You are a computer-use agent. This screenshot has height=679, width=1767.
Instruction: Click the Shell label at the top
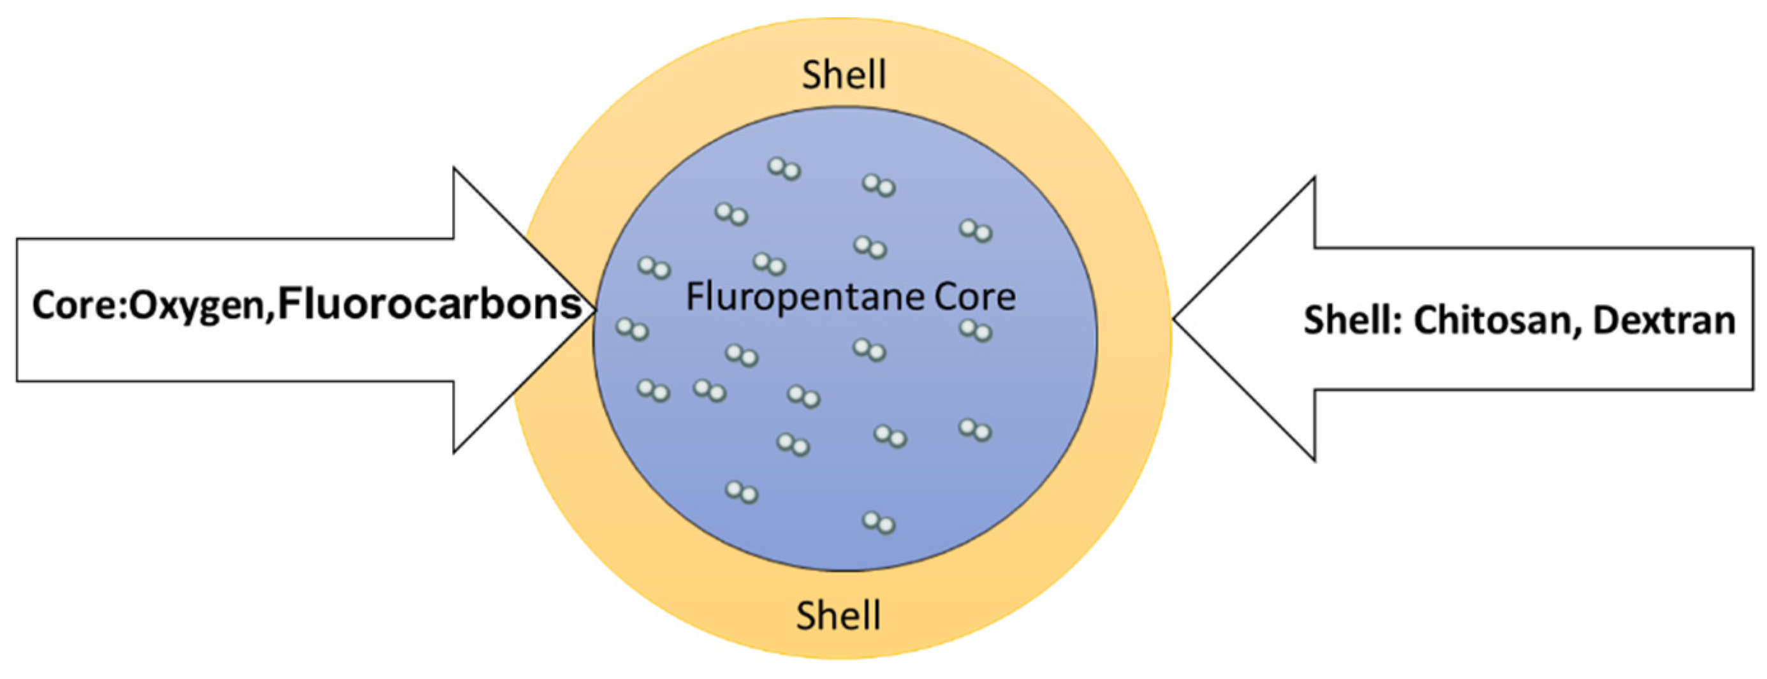844,75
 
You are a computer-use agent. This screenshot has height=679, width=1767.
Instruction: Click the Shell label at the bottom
839,615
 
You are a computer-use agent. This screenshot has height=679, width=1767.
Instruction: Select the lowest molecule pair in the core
879,523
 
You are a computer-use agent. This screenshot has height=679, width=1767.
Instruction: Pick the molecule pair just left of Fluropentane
654,268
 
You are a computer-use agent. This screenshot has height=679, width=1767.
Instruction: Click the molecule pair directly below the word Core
976,332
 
